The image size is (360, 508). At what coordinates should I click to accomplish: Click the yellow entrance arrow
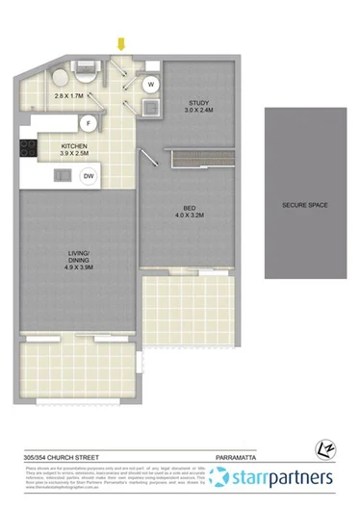coord(121,43)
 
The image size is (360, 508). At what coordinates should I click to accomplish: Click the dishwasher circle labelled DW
coord(88,176)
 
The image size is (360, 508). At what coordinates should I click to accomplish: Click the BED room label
coord(191,207)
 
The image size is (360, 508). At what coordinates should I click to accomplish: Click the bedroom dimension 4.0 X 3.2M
coord(191,216)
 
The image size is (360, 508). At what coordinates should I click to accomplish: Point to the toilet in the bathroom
coord(58,79)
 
